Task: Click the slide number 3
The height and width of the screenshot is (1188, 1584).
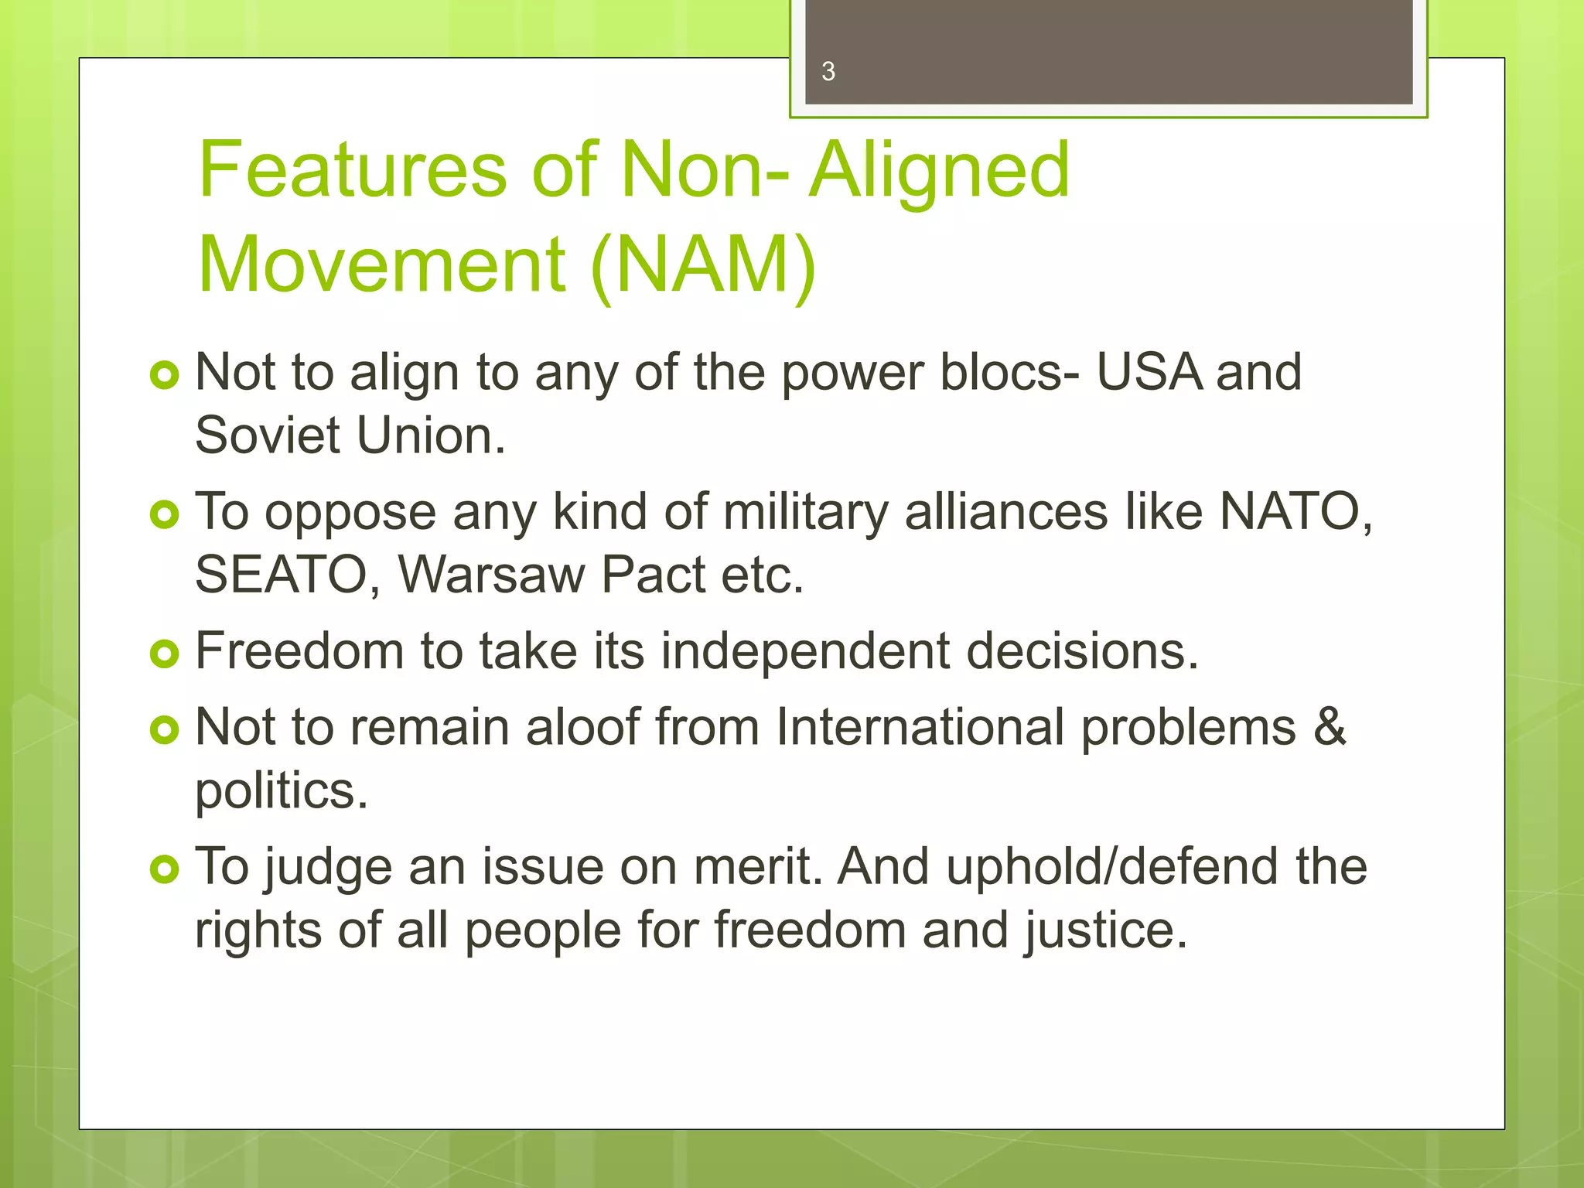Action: (x=828, y=72)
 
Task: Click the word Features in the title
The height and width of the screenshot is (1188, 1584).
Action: (x=353, y=169)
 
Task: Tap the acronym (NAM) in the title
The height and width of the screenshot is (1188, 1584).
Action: (x=702, y=265)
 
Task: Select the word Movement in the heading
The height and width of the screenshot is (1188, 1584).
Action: (x=382, y=265)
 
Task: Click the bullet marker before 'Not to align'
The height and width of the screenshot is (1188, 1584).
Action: (x=164, y=376)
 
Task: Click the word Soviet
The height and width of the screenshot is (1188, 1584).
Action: (x=267, y=435)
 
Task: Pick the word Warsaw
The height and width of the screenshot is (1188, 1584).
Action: (x=491, y=575)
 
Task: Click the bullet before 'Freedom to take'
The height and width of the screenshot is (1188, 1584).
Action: (x=164, y=654)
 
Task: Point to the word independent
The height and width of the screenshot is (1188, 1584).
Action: (x=804, y=651)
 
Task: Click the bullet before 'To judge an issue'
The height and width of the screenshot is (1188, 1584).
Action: (x=164, y=870)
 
